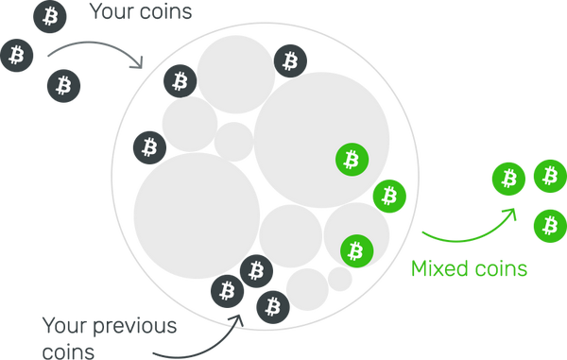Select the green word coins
(501, 269)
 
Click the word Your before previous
(65, 325)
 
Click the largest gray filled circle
(321, 140)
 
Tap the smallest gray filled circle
(340, 279)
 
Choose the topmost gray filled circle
(235, 75)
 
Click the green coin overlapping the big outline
(389, 196)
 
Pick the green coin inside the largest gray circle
(352, 160)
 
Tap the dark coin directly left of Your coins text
(50, 16)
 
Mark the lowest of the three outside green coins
(550, 226)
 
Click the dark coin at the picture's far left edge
(17, 56)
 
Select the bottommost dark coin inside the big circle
(273, 307)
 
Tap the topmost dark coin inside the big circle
(290, 60)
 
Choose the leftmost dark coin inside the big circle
(149, 147)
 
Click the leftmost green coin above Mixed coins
(508, 179)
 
